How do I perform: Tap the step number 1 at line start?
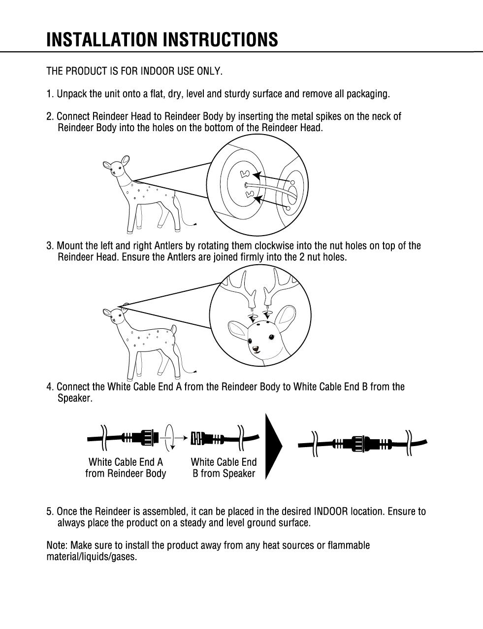(x=49, y=94)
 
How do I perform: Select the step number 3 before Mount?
(x=49, y=246)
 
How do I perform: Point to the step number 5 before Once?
(x=49, y=511)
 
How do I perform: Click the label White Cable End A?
(x=126, y=462)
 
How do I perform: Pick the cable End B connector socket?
(x=200, y=437)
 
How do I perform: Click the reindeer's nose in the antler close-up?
(x=256, y=349)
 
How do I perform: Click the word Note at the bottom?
(x=57, y=546)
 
